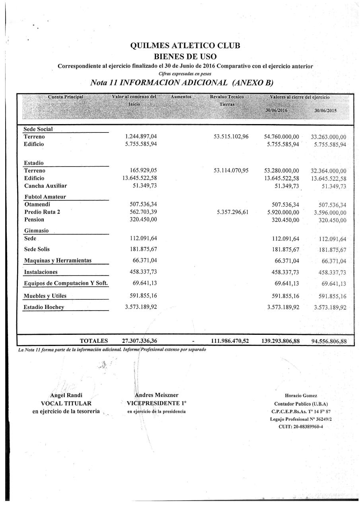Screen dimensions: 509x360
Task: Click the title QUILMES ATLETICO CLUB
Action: (185, 46)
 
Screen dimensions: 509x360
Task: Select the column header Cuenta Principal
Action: (66, 97)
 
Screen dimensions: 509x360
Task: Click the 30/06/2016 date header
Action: (276, 110)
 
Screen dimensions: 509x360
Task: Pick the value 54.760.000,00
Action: (281, 137)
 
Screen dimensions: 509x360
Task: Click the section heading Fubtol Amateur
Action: (45, 196)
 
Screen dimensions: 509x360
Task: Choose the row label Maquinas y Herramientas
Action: (58, 260)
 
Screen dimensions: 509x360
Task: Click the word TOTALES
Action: (94, 341)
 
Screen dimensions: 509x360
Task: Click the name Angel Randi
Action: (66, 395)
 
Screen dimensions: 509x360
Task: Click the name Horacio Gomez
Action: (301, 396)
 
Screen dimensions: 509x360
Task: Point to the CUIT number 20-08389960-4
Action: (301, 426)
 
